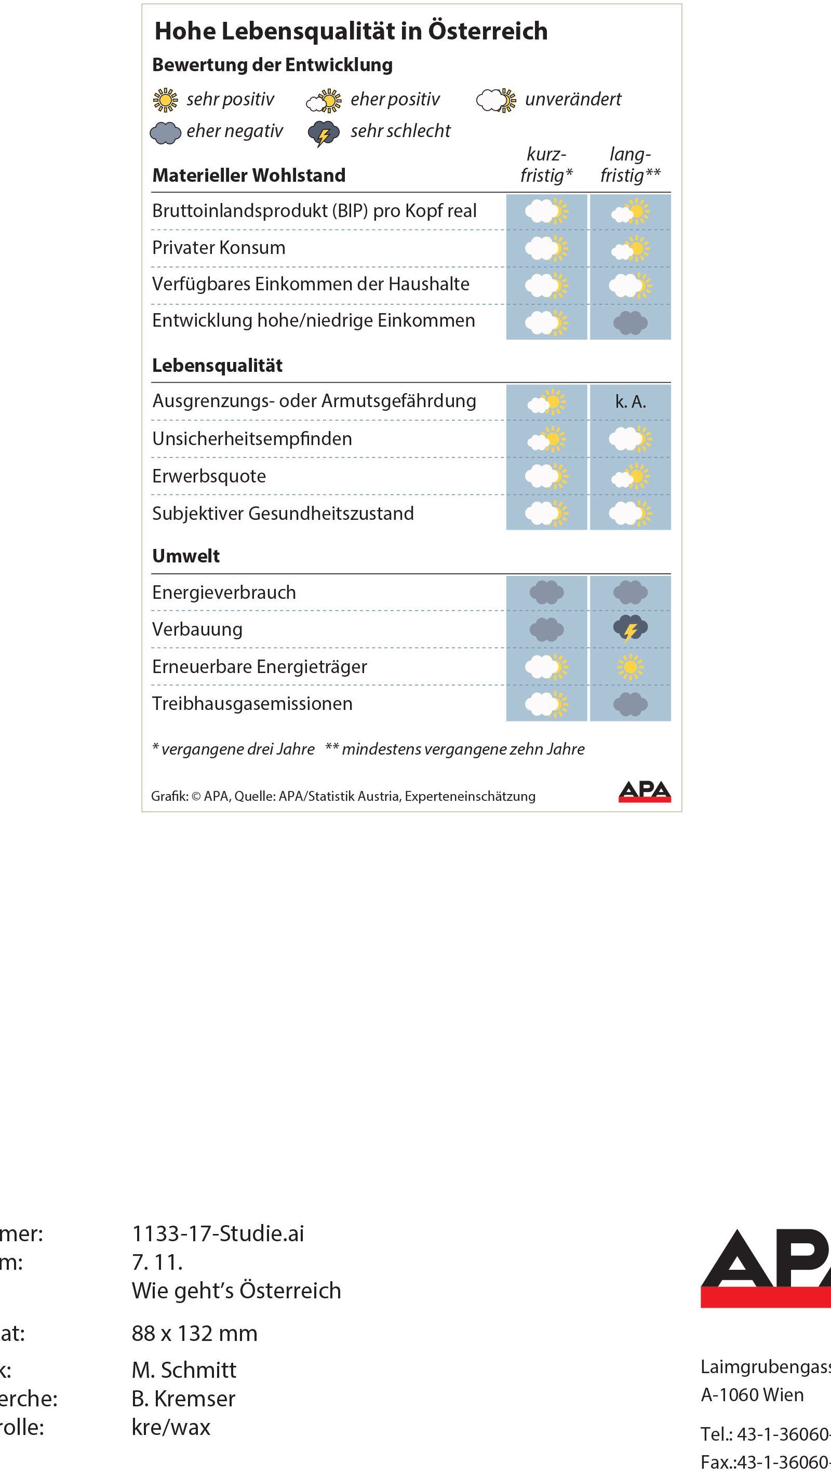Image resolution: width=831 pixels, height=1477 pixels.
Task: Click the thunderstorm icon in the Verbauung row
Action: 631,629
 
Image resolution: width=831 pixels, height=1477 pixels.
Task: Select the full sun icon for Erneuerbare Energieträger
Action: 631,667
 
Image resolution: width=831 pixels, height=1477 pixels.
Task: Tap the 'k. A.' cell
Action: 631,402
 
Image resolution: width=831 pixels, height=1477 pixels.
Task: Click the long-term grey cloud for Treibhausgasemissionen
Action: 631,704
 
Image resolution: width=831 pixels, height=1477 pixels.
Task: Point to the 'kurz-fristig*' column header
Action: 546,165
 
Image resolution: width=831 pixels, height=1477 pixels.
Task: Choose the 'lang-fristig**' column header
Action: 631,165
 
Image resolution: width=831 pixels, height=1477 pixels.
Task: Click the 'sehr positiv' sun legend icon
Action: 165,100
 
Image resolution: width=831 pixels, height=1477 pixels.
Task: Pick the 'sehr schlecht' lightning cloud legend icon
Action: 324,133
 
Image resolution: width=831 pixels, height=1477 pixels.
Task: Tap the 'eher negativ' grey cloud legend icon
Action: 165,132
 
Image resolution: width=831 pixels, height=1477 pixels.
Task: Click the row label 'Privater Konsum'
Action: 219,248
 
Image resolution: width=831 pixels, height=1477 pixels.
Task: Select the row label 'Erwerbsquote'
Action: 209,476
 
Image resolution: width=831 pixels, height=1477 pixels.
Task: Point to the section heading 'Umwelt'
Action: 186,556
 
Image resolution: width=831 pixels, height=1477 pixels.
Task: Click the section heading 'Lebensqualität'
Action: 217,365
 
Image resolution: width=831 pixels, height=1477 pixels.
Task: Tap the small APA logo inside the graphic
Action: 645,791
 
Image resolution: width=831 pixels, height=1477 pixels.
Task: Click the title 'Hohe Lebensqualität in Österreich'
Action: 351,31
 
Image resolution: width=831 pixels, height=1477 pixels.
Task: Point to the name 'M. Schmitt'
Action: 184,1370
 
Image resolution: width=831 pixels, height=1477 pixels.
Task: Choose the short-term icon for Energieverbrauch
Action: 546,592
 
